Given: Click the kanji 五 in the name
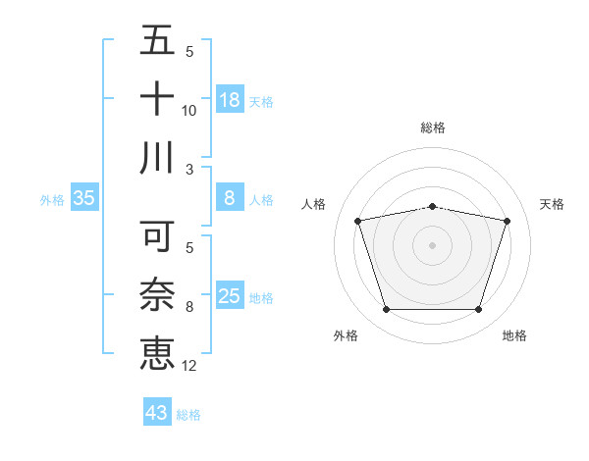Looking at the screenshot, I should [x=157, y=40].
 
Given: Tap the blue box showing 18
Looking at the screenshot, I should [x=230, y=100].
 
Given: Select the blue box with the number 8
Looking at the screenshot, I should [x=230, y=198].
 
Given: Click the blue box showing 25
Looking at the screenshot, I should [x=230, y=296].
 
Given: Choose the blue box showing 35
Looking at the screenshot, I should [x=84, y=198].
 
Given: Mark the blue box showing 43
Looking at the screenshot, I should [x=156, y=413].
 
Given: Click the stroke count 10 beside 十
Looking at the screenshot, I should [x=189, y=111].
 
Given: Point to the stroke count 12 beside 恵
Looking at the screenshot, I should [x=189, y=366].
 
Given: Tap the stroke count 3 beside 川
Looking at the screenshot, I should [x=189, y=170].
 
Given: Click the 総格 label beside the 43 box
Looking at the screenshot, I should [x=188, y=415].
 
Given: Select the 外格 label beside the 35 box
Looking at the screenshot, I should [x=52, y=200].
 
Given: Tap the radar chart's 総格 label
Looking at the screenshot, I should [x=433, y=128].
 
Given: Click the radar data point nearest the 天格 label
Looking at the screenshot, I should [x=508, y=221].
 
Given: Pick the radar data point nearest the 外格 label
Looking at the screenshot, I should [x=386, y=310].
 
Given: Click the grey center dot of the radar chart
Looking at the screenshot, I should [x=432, y=245].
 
